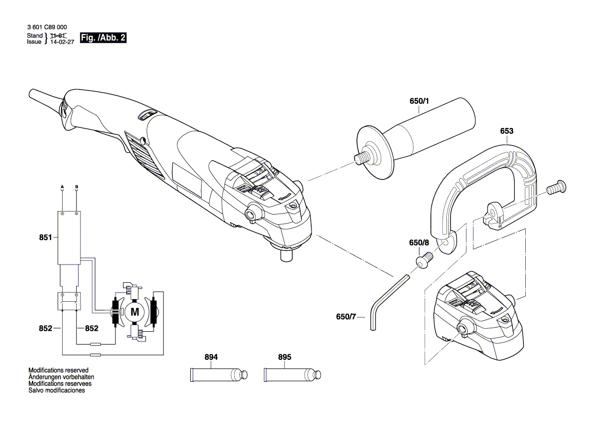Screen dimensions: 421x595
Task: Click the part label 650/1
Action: tap(419, 101)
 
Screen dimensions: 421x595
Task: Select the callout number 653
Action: tap(506, 131)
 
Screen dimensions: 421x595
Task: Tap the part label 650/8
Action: tap(419, 243)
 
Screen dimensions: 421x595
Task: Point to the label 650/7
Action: tap(346, 317)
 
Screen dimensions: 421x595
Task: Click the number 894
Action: tap(211, 357)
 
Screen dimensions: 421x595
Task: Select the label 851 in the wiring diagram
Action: tap(46, 237)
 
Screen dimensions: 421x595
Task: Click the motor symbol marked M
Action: tap(135, 311)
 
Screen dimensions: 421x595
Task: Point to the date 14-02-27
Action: tap(62, 42)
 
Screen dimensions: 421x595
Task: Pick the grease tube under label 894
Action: tap(218, 375)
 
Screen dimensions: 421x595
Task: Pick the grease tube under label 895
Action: tap(292, 375)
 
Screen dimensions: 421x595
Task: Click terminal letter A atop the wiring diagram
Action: tap(62, 187)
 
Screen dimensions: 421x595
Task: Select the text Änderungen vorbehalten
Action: tap(60, 377)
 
